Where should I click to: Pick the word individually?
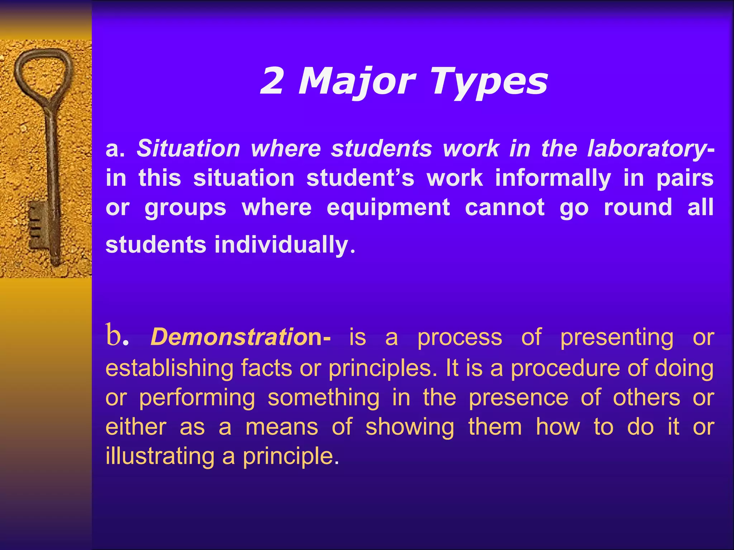click(x=281, y=245)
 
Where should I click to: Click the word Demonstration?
click(x=236, y=337)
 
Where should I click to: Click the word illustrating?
click(x=160, y=457)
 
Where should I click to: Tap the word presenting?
click(x=617, y=338)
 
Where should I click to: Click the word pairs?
click(x=685, y=178)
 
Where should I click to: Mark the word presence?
click(x=518, y=398)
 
